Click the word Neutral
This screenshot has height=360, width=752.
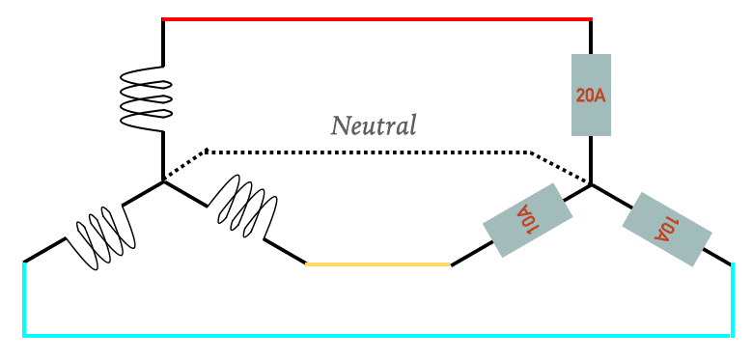[x=374, y=125]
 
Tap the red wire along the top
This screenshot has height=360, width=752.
[x=376, y=19]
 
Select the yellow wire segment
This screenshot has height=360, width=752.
[x=377, y=264]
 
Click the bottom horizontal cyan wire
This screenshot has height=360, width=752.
[x=377, y=336]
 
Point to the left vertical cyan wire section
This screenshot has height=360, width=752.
[x=24, y=298]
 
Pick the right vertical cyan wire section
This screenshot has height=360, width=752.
[x=732, y=300]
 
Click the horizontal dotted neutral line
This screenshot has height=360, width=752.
[x=369, y=152]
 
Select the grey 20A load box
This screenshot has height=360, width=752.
[x=591, y=95]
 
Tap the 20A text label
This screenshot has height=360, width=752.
[x=591, y=96]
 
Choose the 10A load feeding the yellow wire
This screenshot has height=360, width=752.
[x=527, y=220]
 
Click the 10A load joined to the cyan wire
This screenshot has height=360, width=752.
[x=667, y=229]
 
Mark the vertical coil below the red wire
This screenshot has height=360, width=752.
[x=146, y=98]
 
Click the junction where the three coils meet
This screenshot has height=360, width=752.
[x=163, y=181]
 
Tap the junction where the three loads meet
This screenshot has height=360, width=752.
[x=591, y=184]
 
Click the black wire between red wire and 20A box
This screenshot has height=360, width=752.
[x=591, y=37]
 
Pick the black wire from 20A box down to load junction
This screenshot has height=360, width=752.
[x=591, y=160]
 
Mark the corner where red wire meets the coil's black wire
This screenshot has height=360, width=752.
[x=163, y=19]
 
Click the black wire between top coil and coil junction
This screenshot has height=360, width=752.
[x=163, y=155]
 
